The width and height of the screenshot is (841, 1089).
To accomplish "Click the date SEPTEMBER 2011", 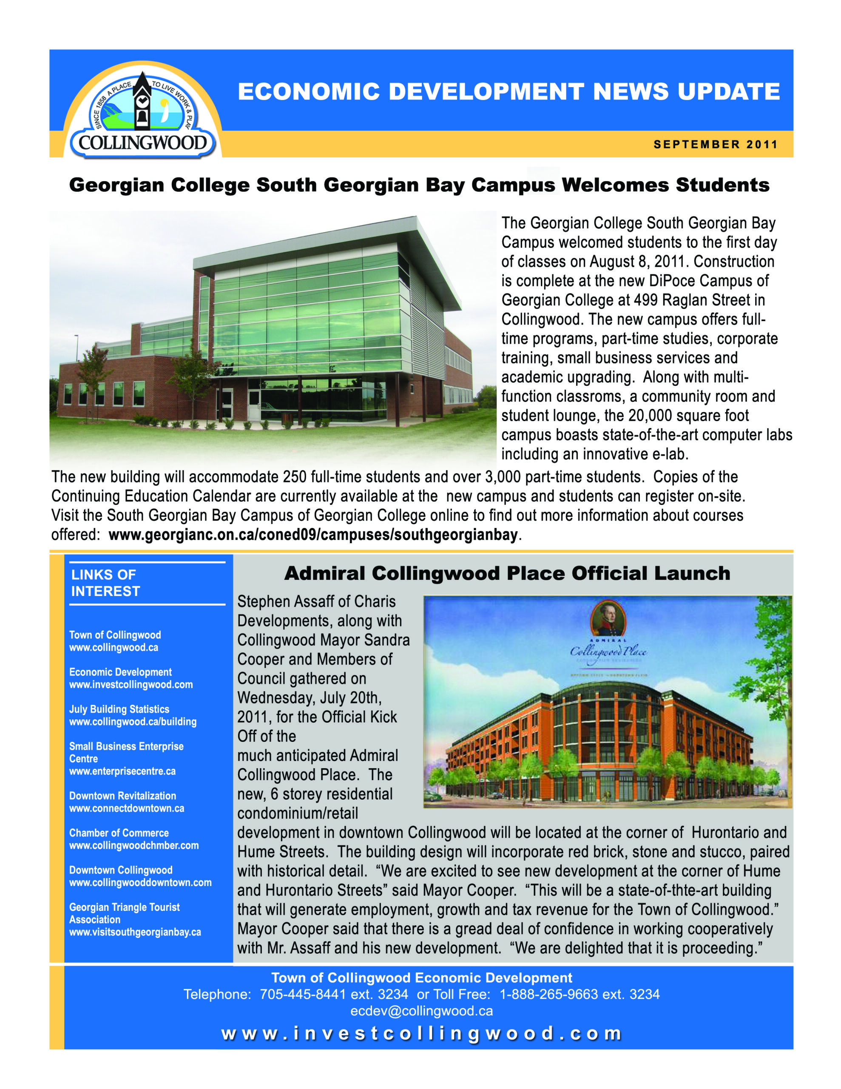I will pyautogui.click(x=716, y=145).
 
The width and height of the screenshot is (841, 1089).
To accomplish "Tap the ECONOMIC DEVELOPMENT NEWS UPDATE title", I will pyautogui.click(x=509, y=92).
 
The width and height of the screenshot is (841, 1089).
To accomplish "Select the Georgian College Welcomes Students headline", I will pyautogui.click(x=419, y=185).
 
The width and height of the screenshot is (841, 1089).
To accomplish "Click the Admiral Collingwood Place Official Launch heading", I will pyautogui.click(x=507, y=573).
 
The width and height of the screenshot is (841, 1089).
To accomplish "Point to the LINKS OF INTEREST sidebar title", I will pyautogui.click(x=106, y=583).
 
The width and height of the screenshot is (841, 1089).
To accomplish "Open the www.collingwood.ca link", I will pyautogui.click(x=114, y=648).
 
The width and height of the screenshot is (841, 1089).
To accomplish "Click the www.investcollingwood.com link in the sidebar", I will pyautogui.click(x=131, y=684).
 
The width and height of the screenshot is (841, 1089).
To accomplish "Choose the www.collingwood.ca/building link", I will pyautogui.click(x=133, y=721).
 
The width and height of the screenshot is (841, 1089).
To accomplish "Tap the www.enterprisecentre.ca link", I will pyautogui.click(x=122, y=771).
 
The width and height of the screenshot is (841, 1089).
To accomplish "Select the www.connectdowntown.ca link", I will pyautogui.click(x=127, y=808).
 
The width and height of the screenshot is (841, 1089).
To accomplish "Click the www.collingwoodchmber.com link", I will pyautogui.click(x=134, y=845).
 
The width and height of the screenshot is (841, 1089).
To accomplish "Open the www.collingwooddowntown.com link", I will pyautogui.click(x=140, y=883).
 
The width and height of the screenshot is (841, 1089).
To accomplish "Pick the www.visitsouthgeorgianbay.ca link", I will pyautogui.click(x=135, y=932).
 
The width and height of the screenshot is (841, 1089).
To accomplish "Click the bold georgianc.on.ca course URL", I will pyautogui.click(x=313, y=535).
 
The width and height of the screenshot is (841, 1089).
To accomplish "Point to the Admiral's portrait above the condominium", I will pyautogui.click(x=607, y=618).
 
